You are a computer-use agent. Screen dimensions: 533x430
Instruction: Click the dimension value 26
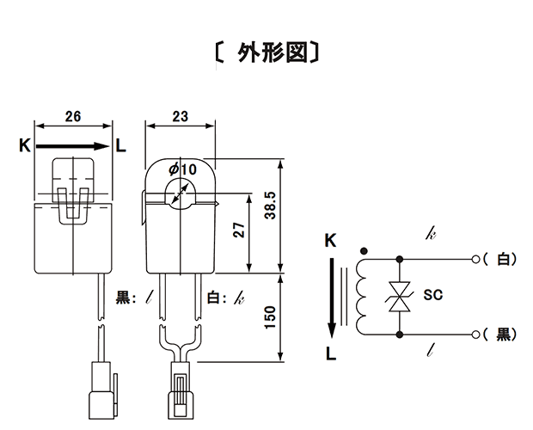[73, 116]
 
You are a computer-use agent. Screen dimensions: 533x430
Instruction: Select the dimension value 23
[181, 116]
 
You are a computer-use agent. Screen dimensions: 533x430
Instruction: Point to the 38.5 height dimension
[270, 206]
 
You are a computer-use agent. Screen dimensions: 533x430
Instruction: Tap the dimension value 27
[239, 230]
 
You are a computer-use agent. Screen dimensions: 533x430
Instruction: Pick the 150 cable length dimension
[270, 317]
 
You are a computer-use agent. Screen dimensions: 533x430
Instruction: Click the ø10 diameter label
[183, 169]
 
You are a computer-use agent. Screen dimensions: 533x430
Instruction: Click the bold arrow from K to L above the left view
[73, 146]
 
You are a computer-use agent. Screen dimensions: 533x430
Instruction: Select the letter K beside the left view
[25, 145]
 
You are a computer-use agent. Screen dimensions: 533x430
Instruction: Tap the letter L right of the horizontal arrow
[120, 145]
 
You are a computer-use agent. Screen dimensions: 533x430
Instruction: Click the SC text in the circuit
[433, 295]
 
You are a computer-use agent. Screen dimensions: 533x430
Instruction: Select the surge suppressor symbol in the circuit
[400, 297]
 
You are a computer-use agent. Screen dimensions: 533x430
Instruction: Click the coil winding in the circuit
[361, 297]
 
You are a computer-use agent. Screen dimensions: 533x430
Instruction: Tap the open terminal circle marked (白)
[476, 260]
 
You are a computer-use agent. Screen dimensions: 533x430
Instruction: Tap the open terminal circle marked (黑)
[476, 335]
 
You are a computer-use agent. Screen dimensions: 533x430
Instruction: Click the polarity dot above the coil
[364, 251]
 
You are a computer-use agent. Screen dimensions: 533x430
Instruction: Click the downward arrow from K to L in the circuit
[332, 298]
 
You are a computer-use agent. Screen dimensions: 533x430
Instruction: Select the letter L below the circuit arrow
[331, 353]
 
